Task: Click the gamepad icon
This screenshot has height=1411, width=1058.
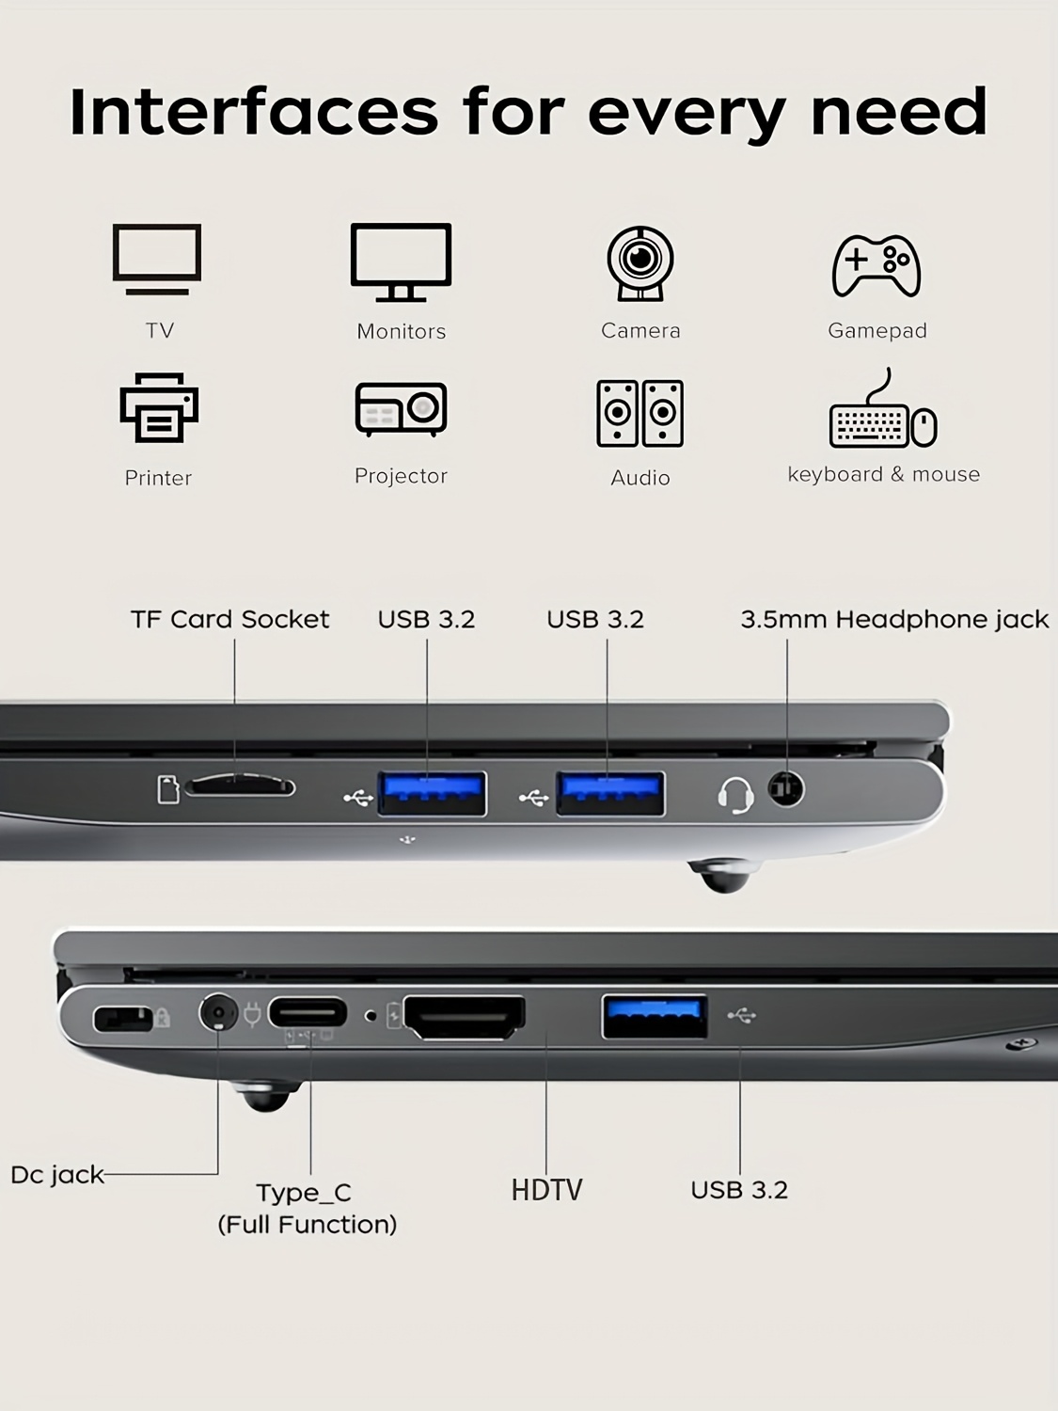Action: pyautogui.click(x=876, y=265)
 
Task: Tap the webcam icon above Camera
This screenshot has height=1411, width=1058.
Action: pyautogui.click(x=640, y=262)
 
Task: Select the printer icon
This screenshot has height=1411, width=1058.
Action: pyautogui.click(x=159, y=407)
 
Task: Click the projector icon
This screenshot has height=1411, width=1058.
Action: pyautogui.click(x=401, y=409)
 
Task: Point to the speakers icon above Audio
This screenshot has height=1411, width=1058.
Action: pyautogui.click(x=640, y=413)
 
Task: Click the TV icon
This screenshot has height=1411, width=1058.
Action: pyautogui.click(x=157, y=259)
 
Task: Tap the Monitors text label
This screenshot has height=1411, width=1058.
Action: pyautogui.click(x=402, y=331)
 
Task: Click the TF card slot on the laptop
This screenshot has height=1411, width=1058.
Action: pyautogui.click(x=240, y=786)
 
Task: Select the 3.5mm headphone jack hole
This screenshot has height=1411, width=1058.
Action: pyautogui.click(x=786, y=788)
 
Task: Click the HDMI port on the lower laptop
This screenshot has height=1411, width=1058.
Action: pyautogui.click(x=465, y=1018)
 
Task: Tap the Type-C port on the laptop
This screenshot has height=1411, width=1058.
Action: pyautogui.click(x=308, y=1013)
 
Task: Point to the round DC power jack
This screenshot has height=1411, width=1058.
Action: pyautogui.click(x=218, y=1013)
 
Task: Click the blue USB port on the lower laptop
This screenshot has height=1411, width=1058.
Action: pyautogui.click(x=655, y=1016)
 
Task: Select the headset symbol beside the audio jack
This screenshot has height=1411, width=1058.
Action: pyautogui.click(x=735, y=795)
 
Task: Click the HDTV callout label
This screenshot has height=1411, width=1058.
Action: pyautogui.click(x=546, y=1190)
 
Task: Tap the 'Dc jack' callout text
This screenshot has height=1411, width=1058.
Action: pyautogui.click(x=57, y=1175)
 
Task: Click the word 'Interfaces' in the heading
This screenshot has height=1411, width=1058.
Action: pyautogui.click(x=254, y=112)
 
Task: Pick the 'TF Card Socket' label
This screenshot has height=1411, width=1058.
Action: pyautogui.click(x=230, y=619)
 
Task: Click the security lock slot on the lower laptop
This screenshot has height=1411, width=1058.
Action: pyautogui.click(x=122, y=1019)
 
